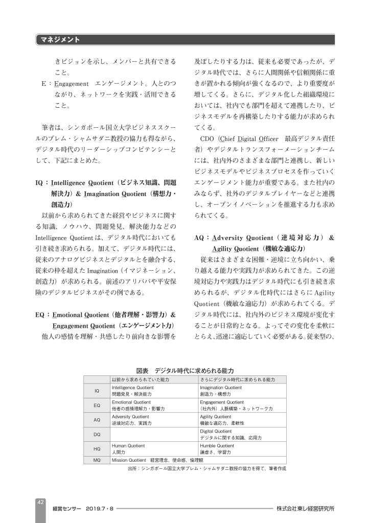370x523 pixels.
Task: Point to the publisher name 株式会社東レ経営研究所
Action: pos(306,509)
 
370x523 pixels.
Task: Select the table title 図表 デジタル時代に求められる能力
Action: pos(185,370)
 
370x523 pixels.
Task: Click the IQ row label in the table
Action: pos(97,391)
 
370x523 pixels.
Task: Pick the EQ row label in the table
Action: pos(97,406)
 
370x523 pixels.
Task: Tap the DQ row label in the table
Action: pos(97,434)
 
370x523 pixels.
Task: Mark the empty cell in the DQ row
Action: pos(153,435)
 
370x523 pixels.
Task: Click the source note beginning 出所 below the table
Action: pos(206,468)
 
